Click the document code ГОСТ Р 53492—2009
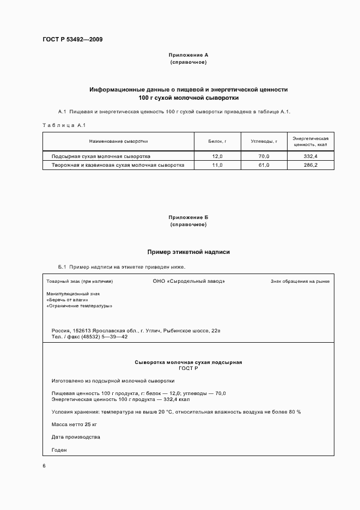click(x=73, y=40)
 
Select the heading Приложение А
click(x=188, y=55)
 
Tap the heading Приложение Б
click(x=188, y=217)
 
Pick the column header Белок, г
click(x=217, y=141)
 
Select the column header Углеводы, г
click(x=264, y=141)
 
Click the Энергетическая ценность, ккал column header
click(x=310, y=141)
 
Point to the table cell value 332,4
click(x=310, y=156)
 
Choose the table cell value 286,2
click(x=310, y=165)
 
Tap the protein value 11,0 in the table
click(x=217, y=165)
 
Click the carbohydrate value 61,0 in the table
click(x=264, y=165)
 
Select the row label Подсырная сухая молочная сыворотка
click(x=101, y=156)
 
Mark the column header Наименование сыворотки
click(x=118, y=141)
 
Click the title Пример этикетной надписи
click(x=188, y=252)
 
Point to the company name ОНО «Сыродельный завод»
click(x=188, y=281)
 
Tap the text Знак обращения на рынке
click(x=300, y=282)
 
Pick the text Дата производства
click(x=76, y=437)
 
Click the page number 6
click(x=44, y=466)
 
